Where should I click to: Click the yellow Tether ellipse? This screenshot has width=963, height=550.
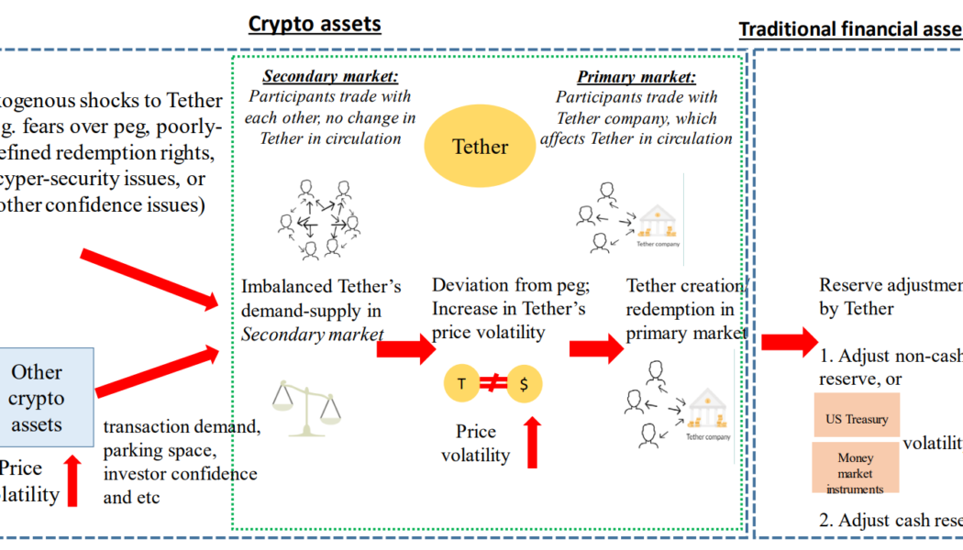pos(481,147)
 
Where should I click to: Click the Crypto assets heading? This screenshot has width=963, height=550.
pos(315,24)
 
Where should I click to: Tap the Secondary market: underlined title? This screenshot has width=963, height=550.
pos(330,77)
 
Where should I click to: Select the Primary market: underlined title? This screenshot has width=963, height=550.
pos(636,77)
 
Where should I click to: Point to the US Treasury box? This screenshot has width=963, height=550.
pos(857,419)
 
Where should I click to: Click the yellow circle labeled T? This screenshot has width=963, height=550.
pos(461,384)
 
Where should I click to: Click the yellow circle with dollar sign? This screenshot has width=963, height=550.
pos(524,384)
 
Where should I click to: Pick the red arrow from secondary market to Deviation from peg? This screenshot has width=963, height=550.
pos(404,347)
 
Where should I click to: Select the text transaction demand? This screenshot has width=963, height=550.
pos(182,426)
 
